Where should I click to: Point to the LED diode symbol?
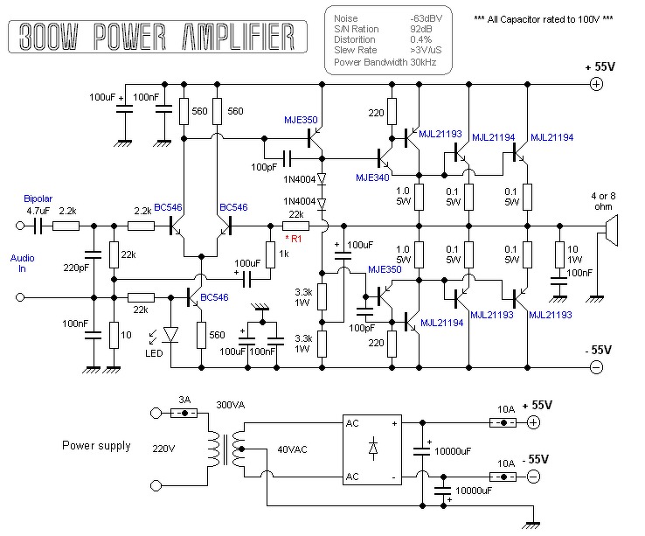pyautogui.click(x=170, y=334)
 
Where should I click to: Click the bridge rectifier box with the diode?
pyautogui.click(x=372, y=447)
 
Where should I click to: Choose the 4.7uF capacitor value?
pyautogui.click(x=38, y=211)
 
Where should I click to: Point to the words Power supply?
pyautogui.click(x=96, y=446)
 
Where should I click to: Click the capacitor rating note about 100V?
pyautogui.click(x=544, y=18)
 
